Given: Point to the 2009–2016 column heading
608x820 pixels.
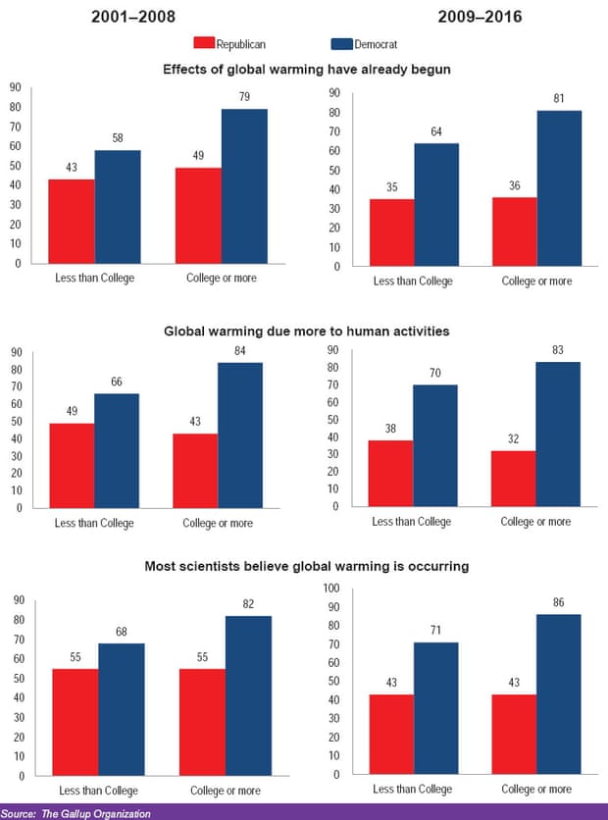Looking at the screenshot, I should click(470, 17).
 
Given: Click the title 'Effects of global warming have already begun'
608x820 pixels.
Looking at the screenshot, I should click(304, 69).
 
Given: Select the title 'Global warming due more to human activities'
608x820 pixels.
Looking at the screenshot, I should click(306, 332).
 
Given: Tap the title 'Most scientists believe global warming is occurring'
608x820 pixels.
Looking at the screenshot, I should click(305, 566).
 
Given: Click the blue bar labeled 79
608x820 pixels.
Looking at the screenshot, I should click(244, 186).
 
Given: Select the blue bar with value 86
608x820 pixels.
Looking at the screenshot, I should click(559, 693).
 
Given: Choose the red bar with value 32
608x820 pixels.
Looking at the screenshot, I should click(513, 479).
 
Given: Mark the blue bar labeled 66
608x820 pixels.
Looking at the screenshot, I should click(118, 450).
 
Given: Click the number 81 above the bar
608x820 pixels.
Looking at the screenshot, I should click(559, 98).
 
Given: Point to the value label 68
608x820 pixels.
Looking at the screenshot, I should click(121, 631).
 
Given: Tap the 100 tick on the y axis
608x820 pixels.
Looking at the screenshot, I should click(331, 589).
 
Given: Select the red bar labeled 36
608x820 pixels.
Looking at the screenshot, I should click(513, 231).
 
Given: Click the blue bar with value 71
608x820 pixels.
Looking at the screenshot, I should click(435, 708).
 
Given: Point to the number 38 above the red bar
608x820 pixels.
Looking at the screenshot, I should click(389, 428).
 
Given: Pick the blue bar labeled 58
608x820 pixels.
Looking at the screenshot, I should click(118, 207).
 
